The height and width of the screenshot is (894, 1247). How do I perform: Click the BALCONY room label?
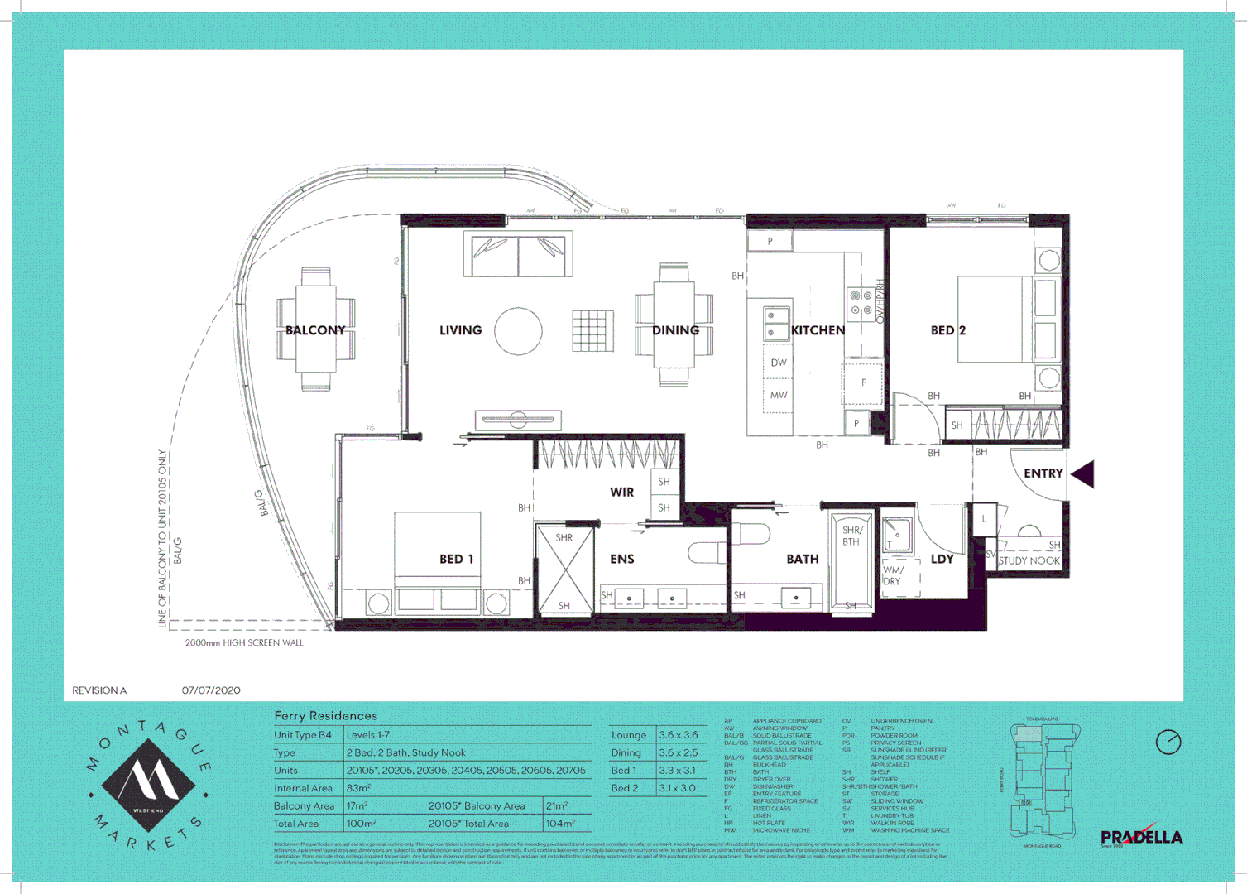pos(314,330)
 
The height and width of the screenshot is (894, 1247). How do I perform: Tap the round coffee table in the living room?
pos(518,331)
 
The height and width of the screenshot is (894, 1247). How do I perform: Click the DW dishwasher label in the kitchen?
pos(779,363)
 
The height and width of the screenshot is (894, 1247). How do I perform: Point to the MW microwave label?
pos(779,395)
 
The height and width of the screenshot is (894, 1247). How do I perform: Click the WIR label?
pos(621,493)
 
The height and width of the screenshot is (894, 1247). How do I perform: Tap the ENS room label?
pos(621,560)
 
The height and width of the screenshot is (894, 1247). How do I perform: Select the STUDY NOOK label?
pos(1029,560)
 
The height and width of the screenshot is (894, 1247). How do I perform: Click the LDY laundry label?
pos(942,560)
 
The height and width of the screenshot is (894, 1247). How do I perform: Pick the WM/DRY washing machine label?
pos(893,575)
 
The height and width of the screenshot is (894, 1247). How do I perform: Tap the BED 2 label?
pos(947,330)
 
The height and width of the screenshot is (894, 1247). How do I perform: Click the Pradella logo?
pos(1141,836)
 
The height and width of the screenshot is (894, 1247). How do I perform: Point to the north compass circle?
pos(1168,742)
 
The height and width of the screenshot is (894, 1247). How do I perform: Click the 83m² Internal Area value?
pos(358,788)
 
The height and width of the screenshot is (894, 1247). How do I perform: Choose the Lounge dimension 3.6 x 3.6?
pos(678,735)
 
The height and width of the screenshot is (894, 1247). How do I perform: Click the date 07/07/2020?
pos(211,690)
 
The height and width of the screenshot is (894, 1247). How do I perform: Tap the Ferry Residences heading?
pos(325,716)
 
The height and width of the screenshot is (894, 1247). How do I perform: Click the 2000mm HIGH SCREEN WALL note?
pos(244,642)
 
